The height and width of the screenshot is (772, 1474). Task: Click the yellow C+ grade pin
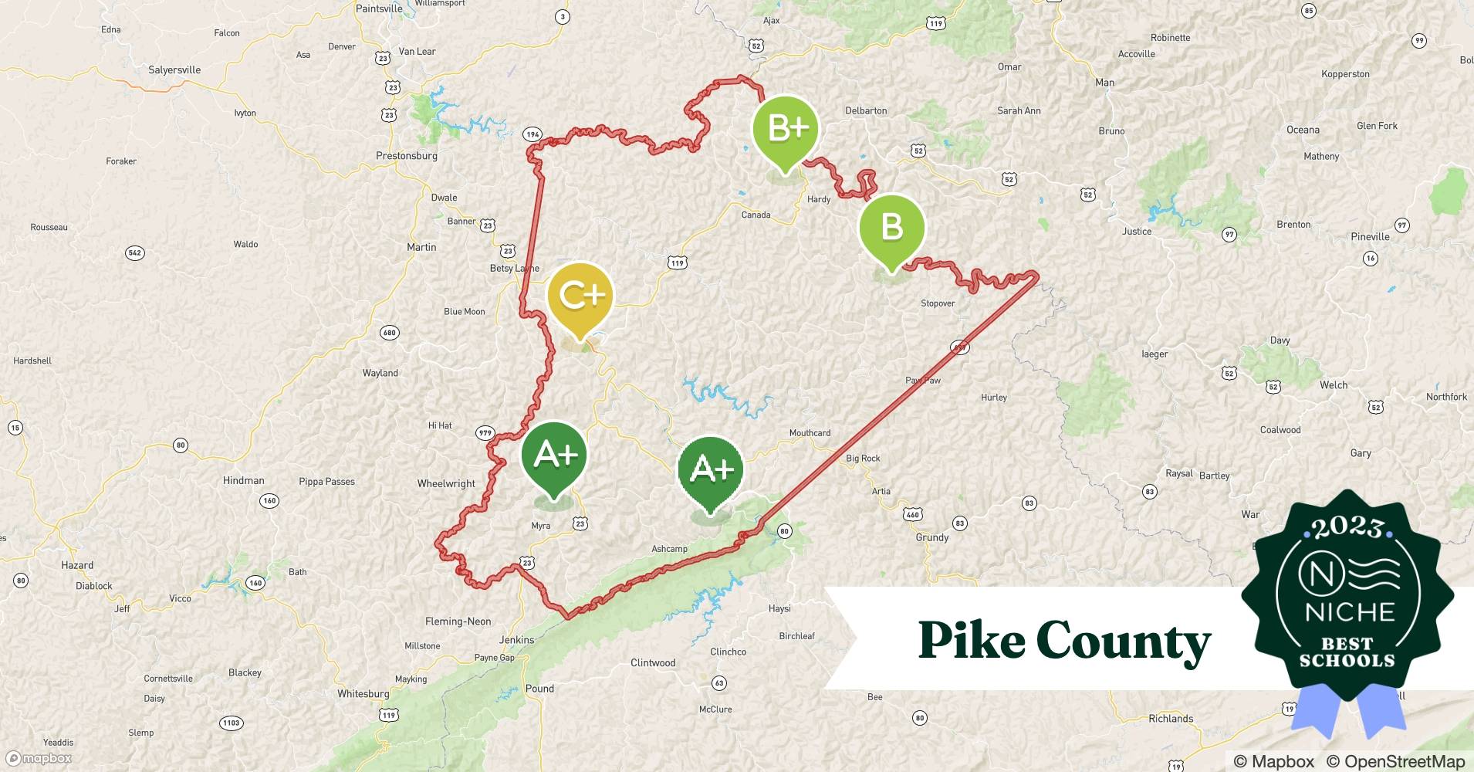[x=580, y=296]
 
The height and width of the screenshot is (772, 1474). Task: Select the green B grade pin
[x=892, y=227]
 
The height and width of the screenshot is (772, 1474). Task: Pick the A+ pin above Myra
[x=554, y=455]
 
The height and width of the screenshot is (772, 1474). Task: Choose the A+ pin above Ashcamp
[x=710, y=469]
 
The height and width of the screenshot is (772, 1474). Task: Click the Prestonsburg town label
[x=407, y=156]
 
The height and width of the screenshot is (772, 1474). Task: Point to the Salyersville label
[x=174, y=70]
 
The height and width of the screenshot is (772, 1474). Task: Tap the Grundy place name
[x=932, y=538]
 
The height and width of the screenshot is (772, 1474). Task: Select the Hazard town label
[x=77, y=565]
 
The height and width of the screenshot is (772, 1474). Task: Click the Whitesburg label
[x=363, y=694]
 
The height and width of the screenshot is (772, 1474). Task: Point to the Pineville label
[x=1370, y=237]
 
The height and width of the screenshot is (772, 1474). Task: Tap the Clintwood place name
[x=653, y=663]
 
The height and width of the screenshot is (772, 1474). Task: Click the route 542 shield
[x=135, y=253]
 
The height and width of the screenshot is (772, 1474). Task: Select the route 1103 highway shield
[x=231, y=723]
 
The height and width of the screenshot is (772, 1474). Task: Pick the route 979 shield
[x=485, y=433]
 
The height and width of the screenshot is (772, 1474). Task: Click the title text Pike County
[x=1064, y=640]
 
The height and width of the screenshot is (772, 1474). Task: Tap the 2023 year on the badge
[x=1347, y=527]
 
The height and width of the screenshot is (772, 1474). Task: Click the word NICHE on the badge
[x=1350, y=612]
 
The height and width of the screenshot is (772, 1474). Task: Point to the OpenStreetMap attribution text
[x=1395, y=762]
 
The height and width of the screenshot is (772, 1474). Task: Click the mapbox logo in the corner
[x=39, y=759]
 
